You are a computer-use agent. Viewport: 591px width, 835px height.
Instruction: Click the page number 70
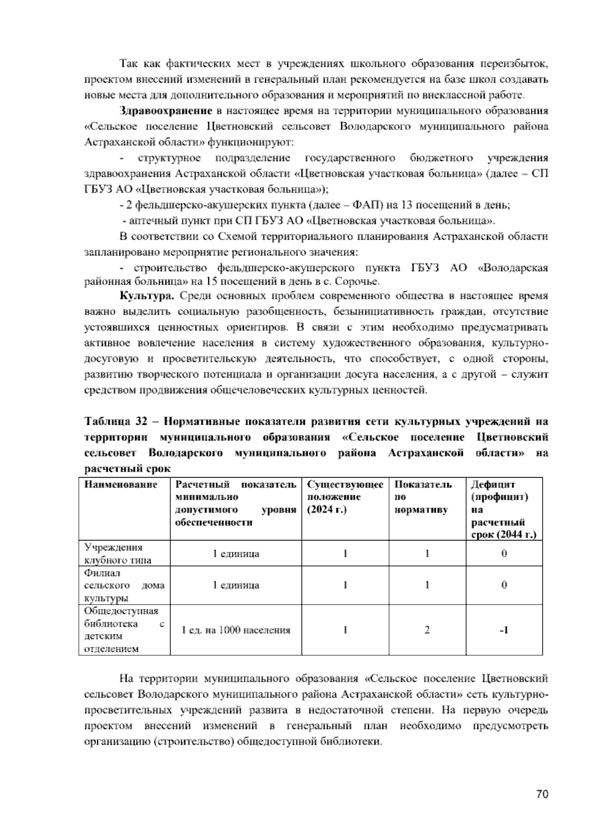(x=542, y=794)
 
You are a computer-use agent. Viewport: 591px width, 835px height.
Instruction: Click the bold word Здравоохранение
(x=166, y=111)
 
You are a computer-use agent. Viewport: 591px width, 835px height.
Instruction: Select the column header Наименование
(x=121, y=484)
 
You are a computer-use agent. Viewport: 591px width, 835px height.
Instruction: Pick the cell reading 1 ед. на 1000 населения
(x=236, y=630)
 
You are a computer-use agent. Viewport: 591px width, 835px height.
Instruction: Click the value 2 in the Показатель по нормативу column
(x=427, y=630)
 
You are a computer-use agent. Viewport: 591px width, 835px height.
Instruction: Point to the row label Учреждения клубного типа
(x=118, y=554)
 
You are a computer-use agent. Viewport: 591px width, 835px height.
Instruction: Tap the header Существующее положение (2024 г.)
(x=345, y=497)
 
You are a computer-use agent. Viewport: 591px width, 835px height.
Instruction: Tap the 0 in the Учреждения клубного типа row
(x=504, y=554)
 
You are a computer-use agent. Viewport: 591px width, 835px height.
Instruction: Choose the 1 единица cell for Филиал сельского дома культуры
(x=236, y=585)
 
